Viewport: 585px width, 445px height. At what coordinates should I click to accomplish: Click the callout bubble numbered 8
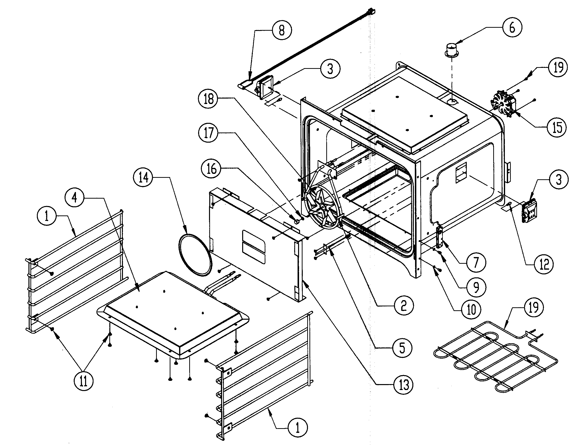(281, 30)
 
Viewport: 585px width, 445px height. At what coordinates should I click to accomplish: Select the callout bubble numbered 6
(512, 27)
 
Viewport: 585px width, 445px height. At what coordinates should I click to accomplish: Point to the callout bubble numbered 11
(83, 381)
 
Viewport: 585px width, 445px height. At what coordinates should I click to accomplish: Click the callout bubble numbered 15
(557, 127)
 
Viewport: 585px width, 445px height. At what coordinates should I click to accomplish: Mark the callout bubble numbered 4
(75, 197)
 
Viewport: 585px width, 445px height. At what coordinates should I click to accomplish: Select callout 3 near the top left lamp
(330, 69)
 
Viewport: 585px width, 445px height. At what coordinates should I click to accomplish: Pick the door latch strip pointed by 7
(439, 236)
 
